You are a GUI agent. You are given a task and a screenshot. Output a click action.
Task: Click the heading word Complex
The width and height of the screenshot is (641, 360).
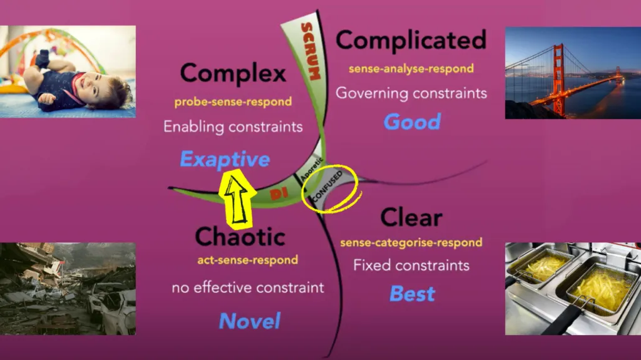pyautogui.click(x=233, y=75)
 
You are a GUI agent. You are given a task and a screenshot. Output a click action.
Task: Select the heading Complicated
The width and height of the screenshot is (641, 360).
pyautogui.click(x=411, y=41)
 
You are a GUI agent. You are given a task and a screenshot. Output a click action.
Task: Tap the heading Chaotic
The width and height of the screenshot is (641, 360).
pyautogui.click(x=240, y=237)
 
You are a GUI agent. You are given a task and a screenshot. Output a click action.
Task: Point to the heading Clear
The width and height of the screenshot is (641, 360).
pyautogui.click(x=411, y=217)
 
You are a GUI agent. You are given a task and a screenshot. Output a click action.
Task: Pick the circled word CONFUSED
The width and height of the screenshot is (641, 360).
pyautogui.click(x=327, y=186)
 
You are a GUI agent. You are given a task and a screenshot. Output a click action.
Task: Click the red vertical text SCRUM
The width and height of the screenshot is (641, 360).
pyautogui.click(x=310, y=51)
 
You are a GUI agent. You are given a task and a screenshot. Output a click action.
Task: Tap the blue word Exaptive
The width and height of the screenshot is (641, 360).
pyautogui.click(x=225, y=160)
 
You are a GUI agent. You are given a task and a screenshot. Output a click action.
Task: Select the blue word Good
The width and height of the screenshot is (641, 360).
pyautogui.click(x=412, y=122)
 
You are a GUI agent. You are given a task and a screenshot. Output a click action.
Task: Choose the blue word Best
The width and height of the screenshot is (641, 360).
pyautogui.click(x=412, y=294)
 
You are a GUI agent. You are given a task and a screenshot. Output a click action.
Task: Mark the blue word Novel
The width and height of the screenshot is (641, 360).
pyautogui.click(x=250, y=321)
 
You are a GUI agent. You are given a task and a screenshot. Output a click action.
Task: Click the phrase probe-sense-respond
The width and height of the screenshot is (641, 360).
pyautogui.click(x=233, y=102)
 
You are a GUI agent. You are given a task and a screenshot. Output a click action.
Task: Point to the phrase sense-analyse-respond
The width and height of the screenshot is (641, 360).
pyautogui.click(x=411, y=68)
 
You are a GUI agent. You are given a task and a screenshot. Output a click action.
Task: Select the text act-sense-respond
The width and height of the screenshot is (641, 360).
pyautogui.click(x=248, y=260)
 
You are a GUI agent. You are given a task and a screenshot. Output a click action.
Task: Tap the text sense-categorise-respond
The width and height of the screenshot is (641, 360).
pyautogui.click(x=411, y=242)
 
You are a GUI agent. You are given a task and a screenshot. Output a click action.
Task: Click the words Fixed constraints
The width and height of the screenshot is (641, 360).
pyautogui.click(x=411, y=265)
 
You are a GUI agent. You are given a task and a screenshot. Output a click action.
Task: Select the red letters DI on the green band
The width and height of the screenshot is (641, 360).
pyautogui.click(x=279, y=194)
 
